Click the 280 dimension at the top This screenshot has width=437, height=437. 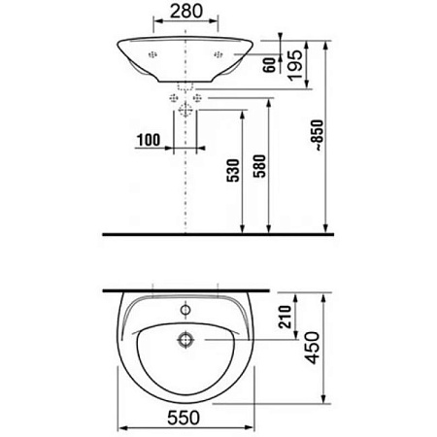click(185, 12)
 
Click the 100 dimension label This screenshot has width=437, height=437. click(149, 140)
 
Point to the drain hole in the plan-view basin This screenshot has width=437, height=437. click(184, 341)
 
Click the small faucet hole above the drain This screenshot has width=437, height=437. click(184, 312)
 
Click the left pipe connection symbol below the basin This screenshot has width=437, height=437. click(174, 98)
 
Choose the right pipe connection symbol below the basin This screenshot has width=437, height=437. click(195, 98)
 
